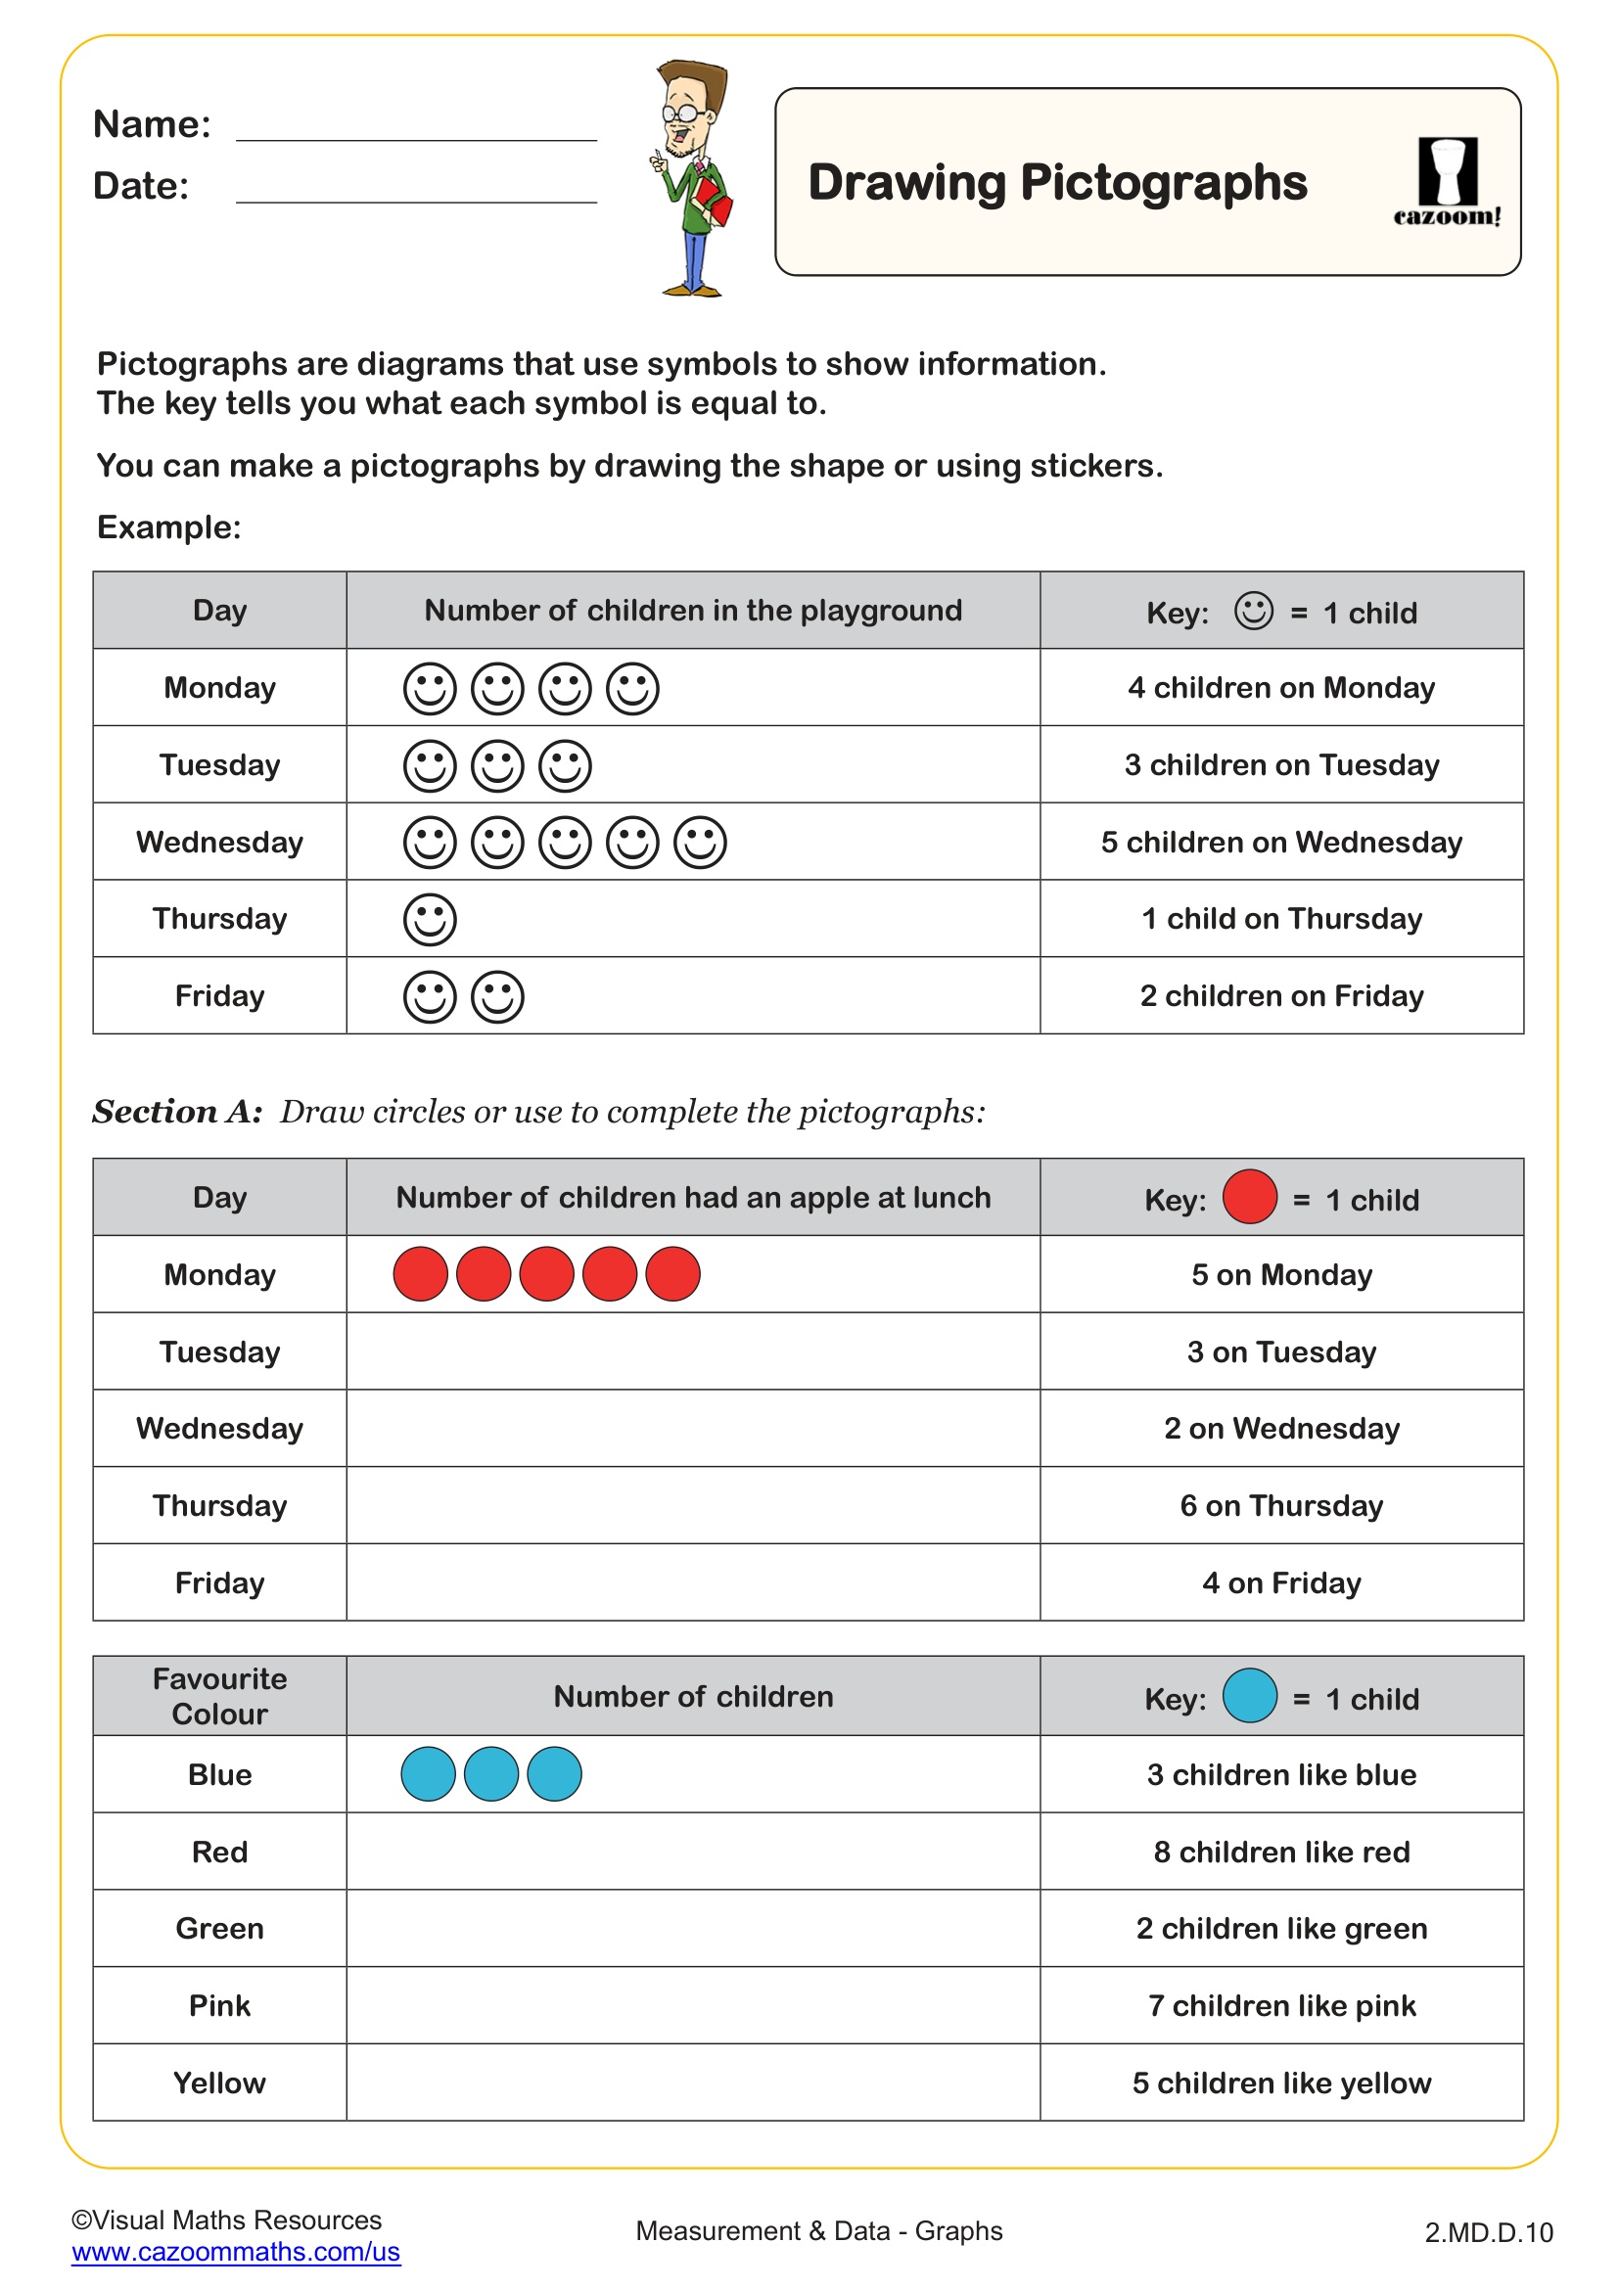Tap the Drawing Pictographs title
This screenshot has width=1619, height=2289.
[1057, 182]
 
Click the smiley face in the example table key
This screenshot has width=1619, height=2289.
[1253, 610]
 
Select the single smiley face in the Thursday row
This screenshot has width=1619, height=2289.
[430, 919]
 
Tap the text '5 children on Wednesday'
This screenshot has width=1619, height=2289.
[1281, 843]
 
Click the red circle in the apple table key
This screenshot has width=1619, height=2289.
[1249, 1196]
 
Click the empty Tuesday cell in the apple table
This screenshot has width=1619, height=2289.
[693, 1351]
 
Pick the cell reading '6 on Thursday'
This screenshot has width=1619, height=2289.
[1281, 1505]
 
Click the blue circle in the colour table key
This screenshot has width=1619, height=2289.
[1249, 1696]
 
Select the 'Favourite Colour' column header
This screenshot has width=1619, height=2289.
[219, 1696]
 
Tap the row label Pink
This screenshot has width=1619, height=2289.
[219, 2006]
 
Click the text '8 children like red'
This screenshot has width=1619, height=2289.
[1281, 1853]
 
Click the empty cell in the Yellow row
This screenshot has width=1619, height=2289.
[693, 2083]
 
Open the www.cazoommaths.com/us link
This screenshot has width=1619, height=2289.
[235, 2252]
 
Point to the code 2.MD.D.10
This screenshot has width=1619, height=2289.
[1489, 2233]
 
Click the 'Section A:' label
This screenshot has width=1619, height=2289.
[177, 1112]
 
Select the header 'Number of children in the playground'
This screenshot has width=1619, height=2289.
[693, 610]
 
